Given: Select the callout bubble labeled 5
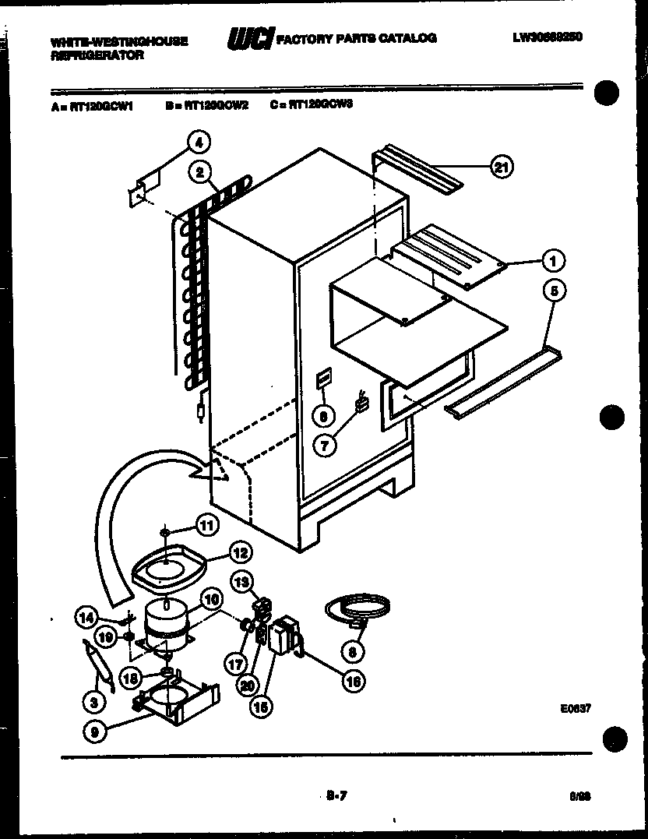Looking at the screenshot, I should click(x=554, y=292).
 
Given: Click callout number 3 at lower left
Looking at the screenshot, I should click(x=94, y=702).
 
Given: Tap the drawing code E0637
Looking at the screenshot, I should click(x=575, y=709).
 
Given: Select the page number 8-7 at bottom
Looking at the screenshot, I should click(x=336, y=795).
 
